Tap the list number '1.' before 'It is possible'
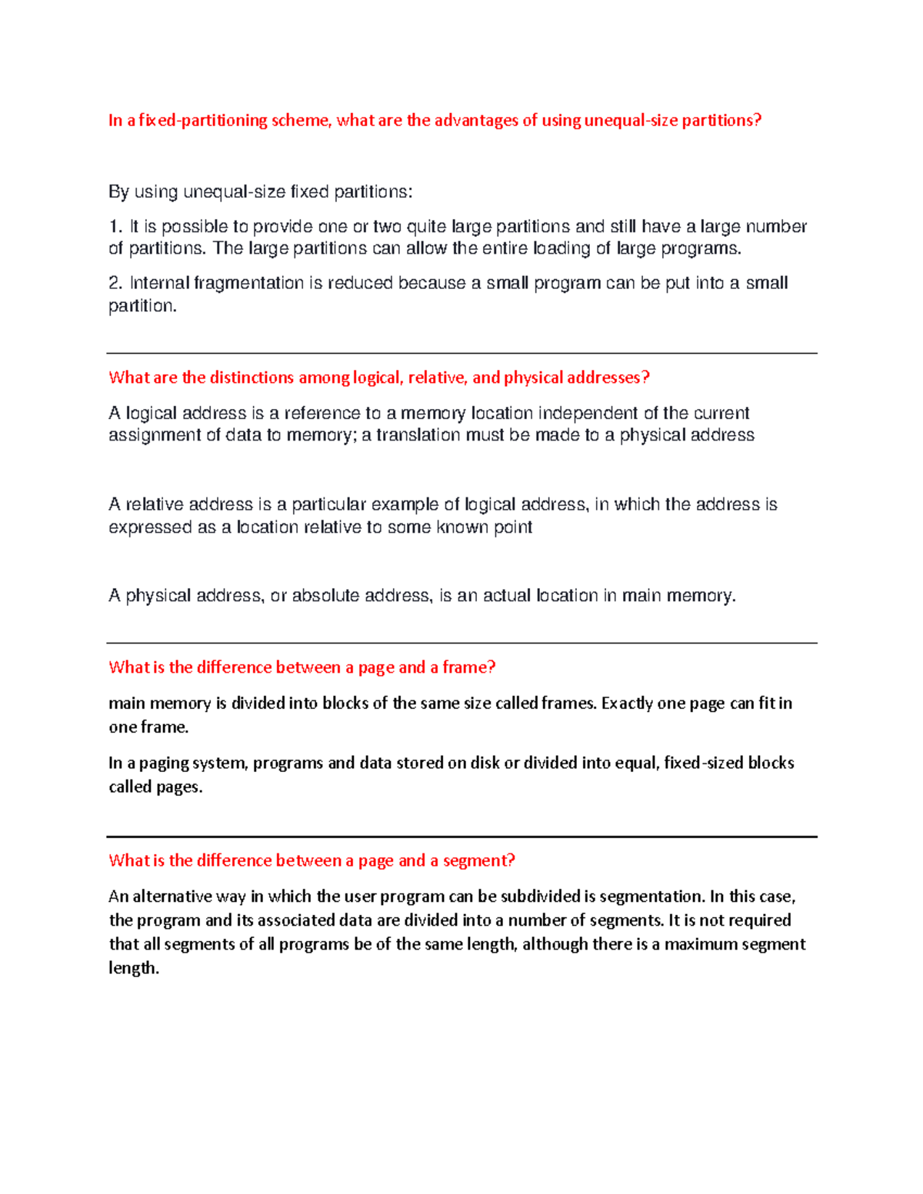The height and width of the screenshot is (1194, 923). tap(115, 227)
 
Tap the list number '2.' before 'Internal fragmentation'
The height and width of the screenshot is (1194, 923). tap(115, 284)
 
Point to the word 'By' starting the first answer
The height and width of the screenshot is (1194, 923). tap(118, 192)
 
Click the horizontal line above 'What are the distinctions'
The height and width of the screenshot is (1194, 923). tap(461, 354)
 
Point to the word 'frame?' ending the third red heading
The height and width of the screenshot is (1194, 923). tap(468, 667)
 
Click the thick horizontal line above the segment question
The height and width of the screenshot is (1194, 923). tap(461, 836)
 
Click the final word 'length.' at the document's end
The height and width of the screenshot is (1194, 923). tap(134, 969)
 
